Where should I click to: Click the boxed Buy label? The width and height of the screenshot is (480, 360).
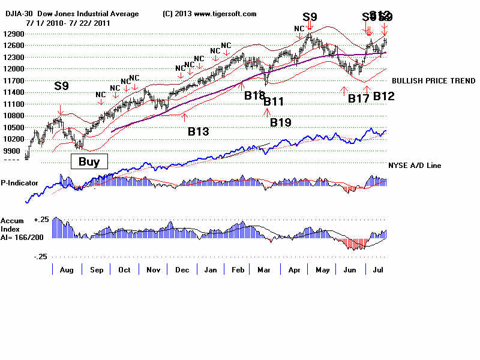[89, 161]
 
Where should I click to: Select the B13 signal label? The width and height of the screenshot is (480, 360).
[199, 131]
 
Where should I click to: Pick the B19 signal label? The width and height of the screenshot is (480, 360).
[280, 122]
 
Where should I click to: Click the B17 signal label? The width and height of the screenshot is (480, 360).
[359, 98]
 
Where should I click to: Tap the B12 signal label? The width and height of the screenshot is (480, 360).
[384, 96]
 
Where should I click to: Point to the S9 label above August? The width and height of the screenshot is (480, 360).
[61, 86]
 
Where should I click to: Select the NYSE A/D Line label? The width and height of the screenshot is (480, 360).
[415, 165]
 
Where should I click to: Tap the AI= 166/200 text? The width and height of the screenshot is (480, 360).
[22, 238]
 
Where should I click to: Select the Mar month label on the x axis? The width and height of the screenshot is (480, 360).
[264, 270]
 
